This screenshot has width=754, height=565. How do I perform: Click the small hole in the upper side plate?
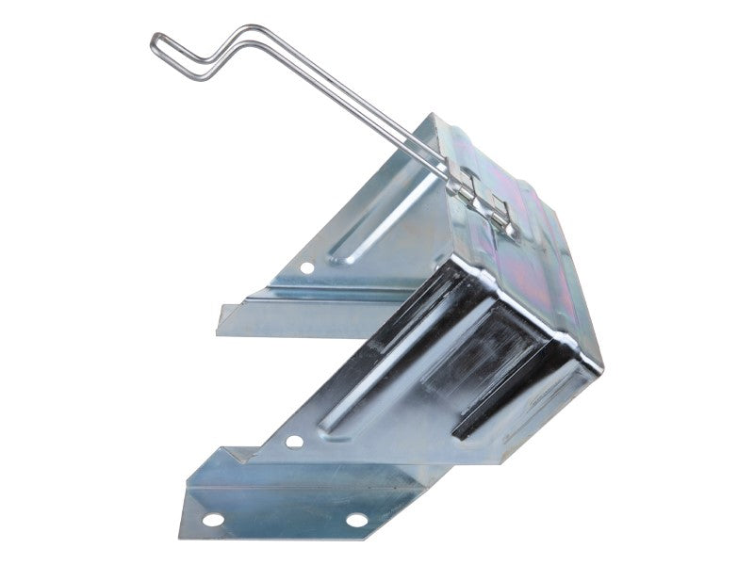click(307, 268)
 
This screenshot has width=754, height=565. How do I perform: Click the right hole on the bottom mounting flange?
click(356, 519)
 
